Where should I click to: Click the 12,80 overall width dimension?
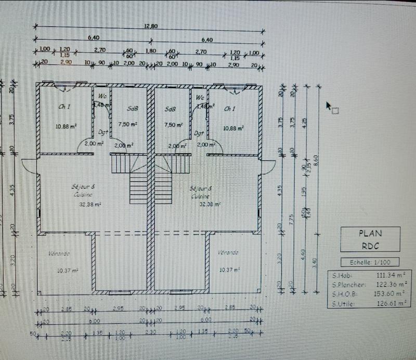coord(150,26)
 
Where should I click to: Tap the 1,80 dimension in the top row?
coord(150,52)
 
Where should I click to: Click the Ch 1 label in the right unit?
coord(229,109)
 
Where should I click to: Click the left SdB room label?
coord(132,109)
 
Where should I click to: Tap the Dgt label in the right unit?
coord(199,133)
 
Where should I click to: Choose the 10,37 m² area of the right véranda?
coord(229,269)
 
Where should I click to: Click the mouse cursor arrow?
coord(329,106)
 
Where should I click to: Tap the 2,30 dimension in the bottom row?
coord(150,332)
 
